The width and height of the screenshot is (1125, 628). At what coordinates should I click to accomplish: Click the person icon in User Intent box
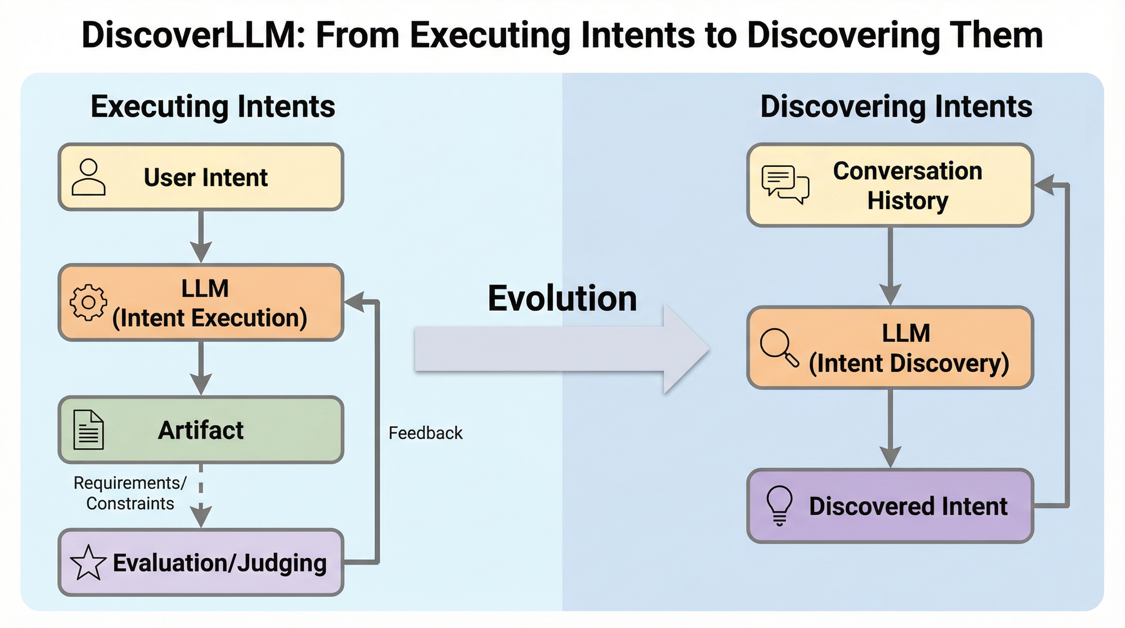[88, 177]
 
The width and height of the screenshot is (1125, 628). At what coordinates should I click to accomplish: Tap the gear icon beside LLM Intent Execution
[88, 302]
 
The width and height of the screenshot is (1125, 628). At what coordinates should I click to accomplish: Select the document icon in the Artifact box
[89, 430]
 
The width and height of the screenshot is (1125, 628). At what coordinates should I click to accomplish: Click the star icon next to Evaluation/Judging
[88, 563]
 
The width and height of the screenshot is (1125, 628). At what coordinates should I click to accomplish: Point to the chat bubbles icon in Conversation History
[785, 184]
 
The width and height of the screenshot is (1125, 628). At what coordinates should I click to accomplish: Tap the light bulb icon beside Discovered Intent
[780, 506]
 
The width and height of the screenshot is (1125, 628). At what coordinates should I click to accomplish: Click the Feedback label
[426, 433]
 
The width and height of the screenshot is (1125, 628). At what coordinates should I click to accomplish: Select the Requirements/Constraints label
[130, 493]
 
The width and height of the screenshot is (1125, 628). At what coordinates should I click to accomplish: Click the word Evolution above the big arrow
[562, 298]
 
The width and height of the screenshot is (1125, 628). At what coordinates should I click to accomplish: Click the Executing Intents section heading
[213, 107]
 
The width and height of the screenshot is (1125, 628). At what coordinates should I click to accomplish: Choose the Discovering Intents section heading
[896, 107]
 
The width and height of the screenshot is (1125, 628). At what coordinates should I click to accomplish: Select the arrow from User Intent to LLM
[201, 237]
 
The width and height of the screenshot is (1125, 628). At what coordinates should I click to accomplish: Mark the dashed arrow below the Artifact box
[201, 496]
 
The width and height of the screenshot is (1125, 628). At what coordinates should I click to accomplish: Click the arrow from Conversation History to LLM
[890, 267]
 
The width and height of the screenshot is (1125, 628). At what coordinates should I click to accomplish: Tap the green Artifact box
[201, 430]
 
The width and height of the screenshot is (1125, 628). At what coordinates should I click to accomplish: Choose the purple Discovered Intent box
[890, 506]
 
